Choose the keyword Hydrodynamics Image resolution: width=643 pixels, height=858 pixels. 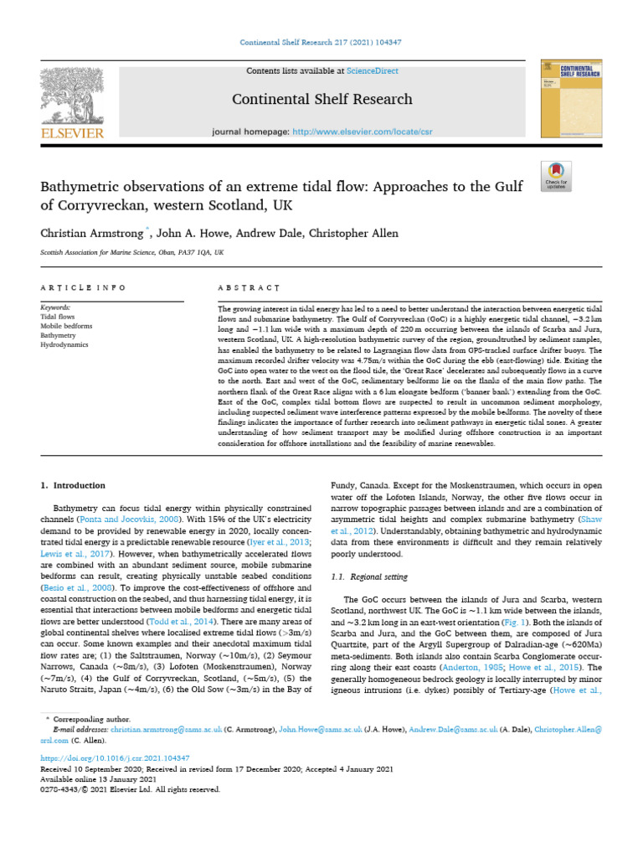tap(64, 344)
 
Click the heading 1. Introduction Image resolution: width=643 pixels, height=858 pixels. tap(74, 485)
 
